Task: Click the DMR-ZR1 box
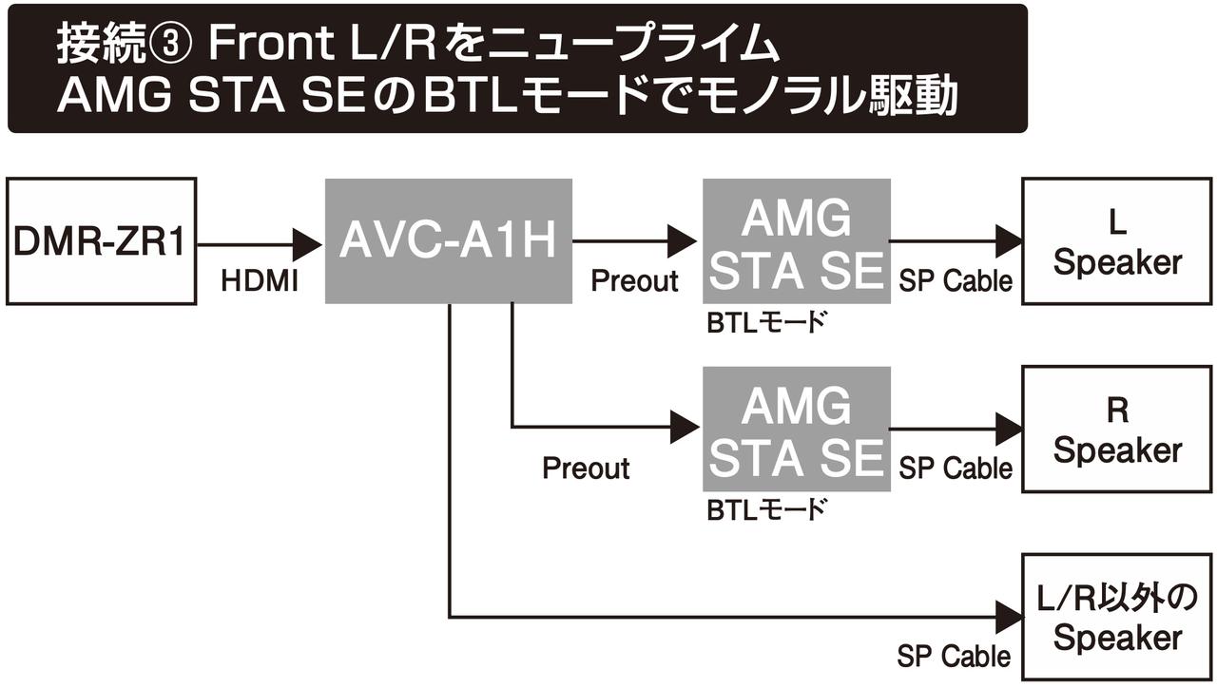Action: [x=101, y=241]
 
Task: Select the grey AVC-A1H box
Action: [x=448, y=241]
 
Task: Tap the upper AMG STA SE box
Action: [x=796, y=241]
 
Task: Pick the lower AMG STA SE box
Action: [x=796, y=429]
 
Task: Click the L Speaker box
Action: [x=1117, y=241]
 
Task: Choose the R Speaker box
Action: [x=1117, y=429]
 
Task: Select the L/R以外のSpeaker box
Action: [x=1117, y=617]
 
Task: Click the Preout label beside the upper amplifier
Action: [x=635, y=280]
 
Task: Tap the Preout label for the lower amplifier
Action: [x=586, y=468]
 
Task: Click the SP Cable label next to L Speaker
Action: [x=955, y=280]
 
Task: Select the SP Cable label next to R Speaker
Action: [x=955, y=468]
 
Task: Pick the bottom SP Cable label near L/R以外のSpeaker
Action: [x=954, y=656]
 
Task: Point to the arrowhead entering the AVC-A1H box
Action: [x=308, y=242]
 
